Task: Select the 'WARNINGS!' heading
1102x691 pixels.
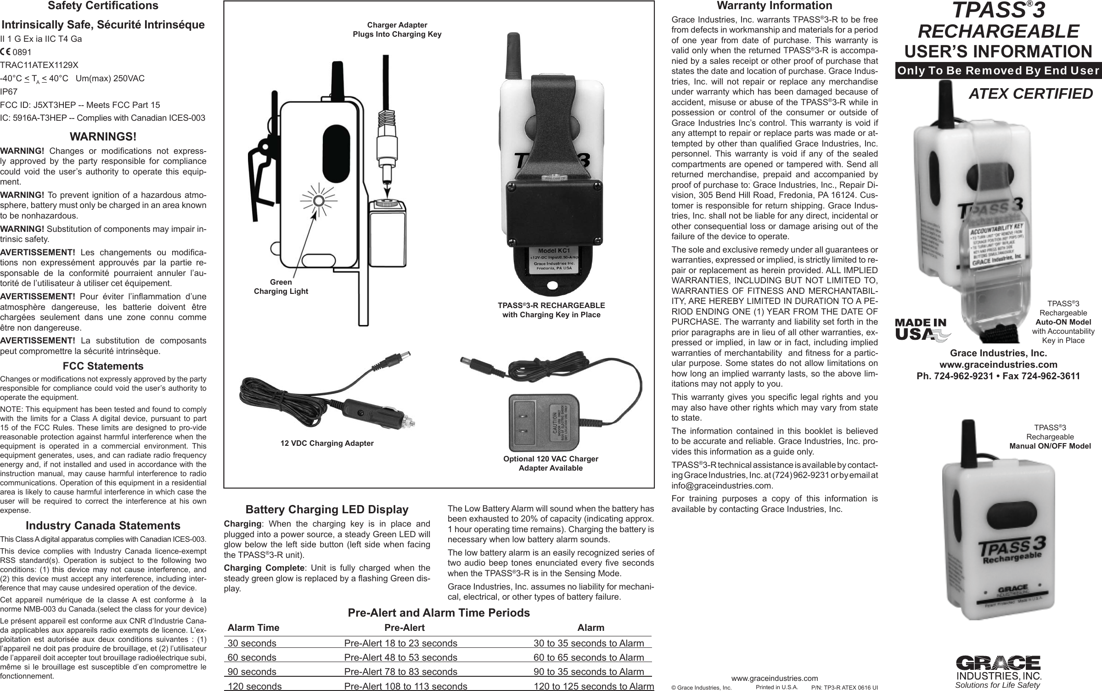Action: (103, 137)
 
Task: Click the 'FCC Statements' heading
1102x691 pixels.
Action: (103, 366)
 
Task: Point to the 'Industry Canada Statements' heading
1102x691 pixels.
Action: (103, 525)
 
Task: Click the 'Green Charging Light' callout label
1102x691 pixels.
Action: (281, 287)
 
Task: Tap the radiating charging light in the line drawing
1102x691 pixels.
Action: (317, 200)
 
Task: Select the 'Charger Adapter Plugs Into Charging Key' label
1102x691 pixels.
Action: (397, 29)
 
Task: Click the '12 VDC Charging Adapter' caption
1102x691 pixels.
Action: (327, 443)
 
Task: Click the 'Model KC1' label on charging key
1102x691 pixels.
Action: (553, 251)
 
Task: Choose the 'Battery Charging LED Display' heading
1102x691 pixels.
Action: (327, 510)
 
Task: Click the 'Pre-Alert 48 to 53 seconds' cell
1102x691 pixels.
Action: (400, 657)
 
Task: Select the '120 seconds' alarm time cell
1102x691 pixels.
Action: (254, 686)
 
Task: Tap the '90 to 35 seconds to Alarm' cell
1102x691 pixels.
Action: (589, 672)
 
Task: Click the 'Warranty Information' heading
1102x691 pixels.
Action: (774, 6)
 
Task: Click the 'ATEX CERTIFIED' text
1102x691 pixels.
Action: (1030, 94)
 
